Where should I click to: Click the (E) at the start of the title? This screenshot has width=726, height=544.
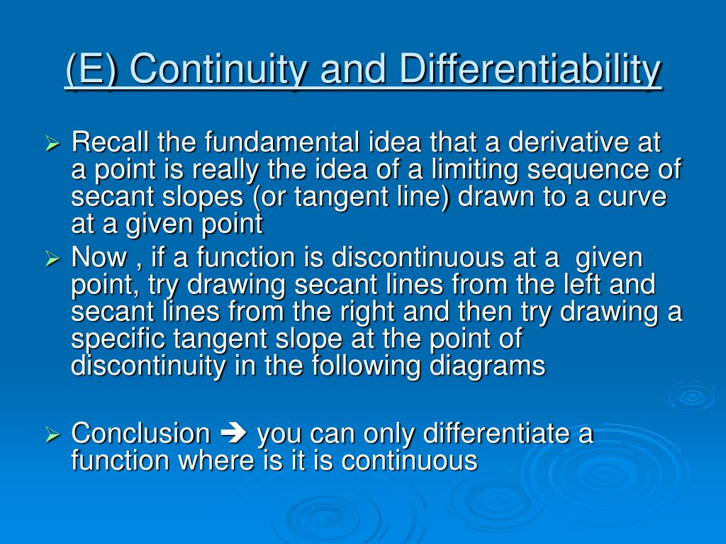coord(91,69)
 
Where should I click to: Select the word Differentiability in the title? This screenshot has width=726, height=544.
coord(530,69)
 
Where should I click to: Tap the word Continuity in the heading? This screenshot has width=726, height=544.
coord(218,69)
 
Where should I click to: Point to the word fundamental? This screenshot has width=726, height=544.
coord(282,142)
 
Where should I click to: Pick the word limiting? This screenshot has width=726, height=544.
coord(474,170)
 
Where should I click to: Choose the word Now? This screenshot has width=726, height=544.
coord(99,257)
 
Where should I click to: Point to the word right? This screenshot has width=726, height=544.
coord(367,312)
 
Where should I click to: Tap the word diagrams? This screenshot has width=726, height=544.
coord(488,366)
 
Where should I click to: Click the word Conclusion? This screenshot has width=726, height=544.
coord(141,433)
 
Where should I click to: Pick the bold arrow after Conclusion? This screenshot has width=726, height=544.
coord(233,433)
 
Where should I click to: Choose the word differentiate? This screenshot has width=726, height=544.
coord(496,433)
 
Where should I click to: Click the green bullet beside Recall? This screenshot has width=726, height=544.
coord(52,143)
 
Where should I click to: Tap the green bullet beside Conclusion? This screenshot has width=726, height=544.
coord(52,435)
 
